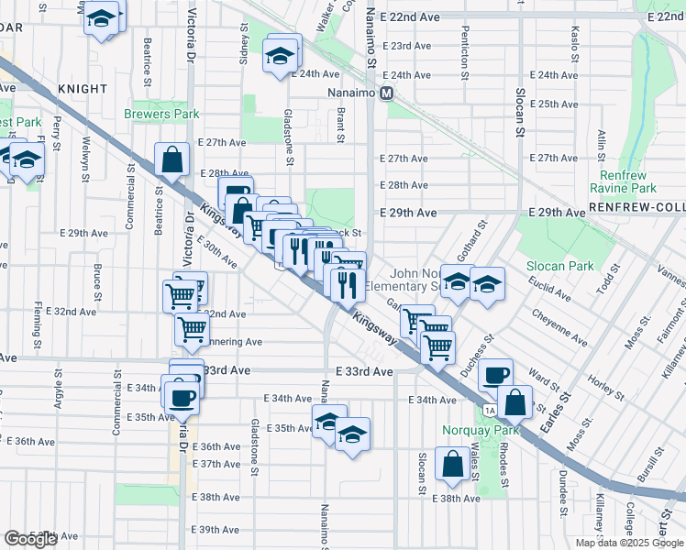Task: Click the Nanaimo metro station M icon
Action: click(x=387, y=93)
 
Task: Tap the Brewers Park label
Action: click(x=162, y=115)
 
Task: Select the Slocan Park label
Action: click(x=559, y=266)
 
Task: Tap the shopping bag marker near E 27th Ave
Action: click(x=172, y=159)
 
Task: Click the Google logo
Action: click(x=30, y=539)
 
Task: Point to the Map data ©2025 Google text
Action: click(x=629, y=543)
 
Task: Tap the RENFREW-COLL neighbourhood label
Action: click(x=636, y=209)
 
